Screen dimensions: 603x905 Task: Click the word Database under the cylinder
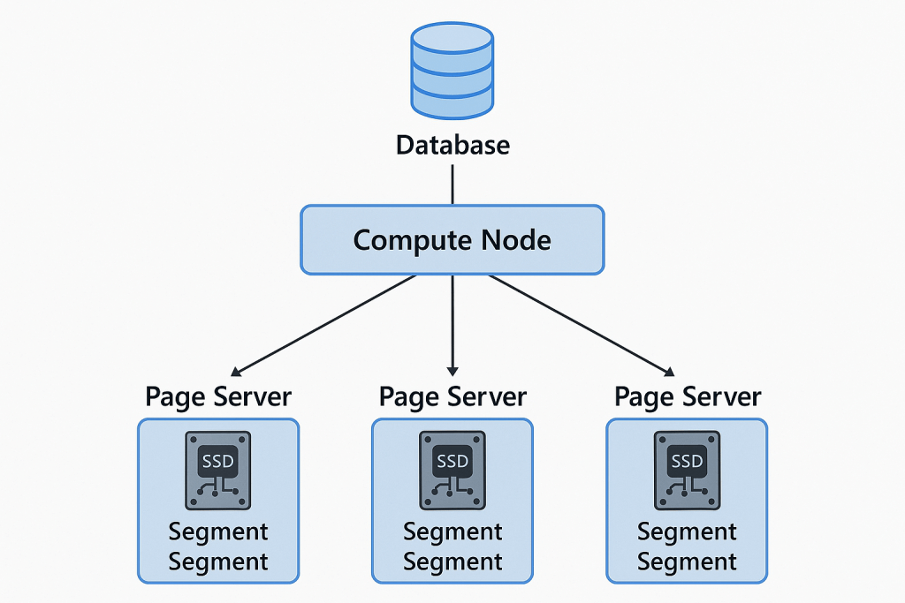452,145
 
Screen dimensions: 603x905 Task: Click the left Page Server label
218,396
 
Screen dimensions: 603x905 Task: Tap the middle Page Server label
452,396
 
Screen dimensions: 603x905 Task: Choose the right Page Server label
688,396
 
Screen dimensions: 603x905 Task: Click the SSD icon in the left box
218,470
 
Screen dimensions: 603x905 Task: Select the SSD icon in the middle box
452,470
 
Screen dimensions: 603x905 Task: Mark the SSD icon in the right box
687,470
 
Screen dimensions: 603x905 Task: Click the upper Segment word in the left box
218,532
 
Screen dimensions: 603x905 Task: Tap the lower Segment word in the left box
218,562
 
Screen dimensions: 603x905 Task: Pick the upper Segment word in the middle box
452,532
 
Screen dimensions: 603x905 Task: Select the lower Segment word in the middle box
452,562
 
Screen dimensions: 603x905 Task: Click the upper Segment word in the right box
687,532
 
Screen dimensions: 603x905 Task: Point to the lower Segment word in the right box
687,562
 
